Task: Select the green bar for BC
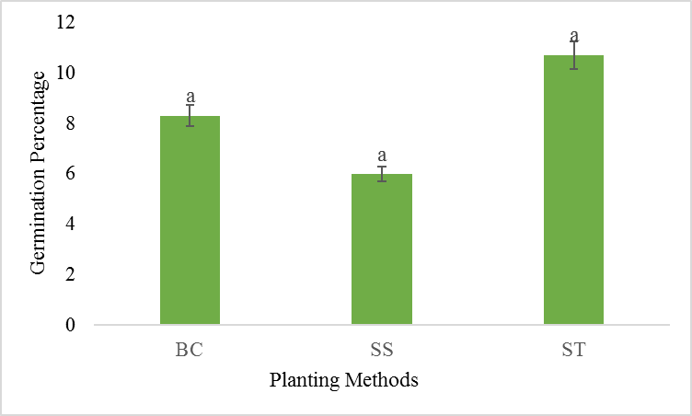click(x=190, y=220)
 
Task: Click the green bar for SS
click(x=382, y=248)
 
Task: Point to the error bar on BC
click(x=190, y=115)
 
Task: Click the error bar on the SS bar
click(x=382, y=174)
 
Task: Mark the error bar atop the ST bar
click(x=574, y=55)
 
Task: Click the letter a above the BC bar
click(x=190, y=96)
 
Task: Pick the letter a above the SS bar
click(x=382, y=156)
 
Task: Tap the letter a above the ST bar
click(x=574, y=36)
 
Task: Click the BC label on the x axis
click(x=190, y=351)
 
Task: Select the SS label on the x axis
click(x=382, y=351)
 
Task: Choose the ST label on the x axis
click(x=574, y=351)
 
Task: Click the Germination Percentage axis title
click(x=39, y=173)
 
